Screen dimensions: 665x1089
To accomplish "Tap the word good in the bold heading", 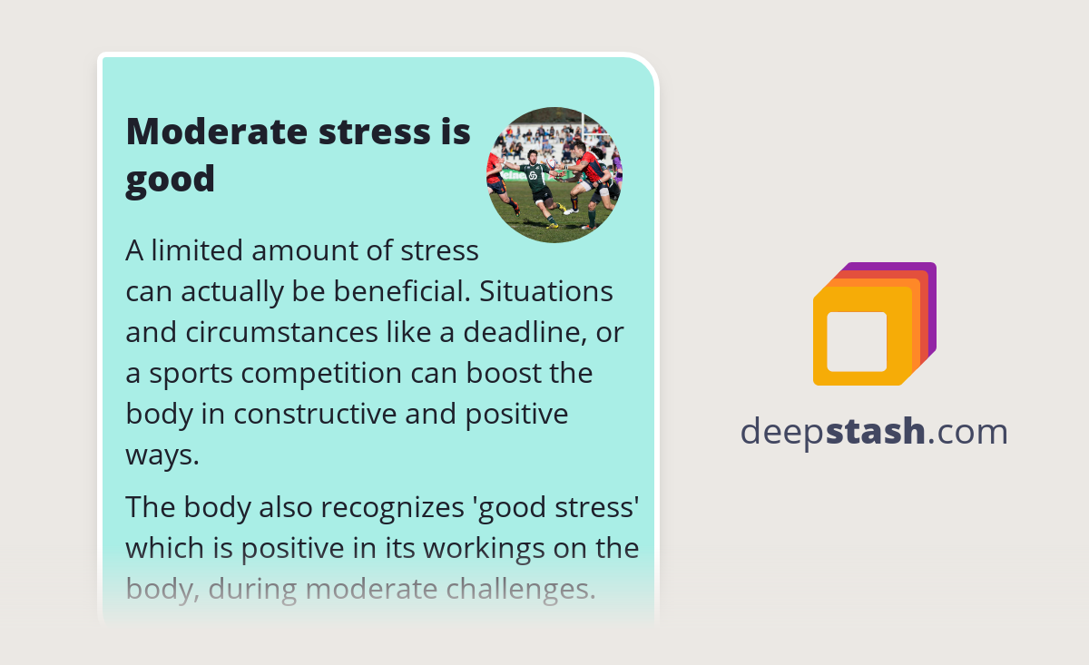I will tap(170, 180).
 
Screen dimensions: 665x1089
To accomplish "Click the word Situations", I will tap(546, 291).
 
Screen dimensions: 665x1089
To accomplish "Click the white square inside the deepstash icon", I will tap(857, 342).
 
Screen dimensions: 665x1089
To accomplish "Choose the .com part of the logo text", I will tap(967, 432).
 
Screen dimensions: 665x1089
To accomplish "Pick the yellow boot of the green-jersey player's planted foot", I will tap(552, 224).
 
